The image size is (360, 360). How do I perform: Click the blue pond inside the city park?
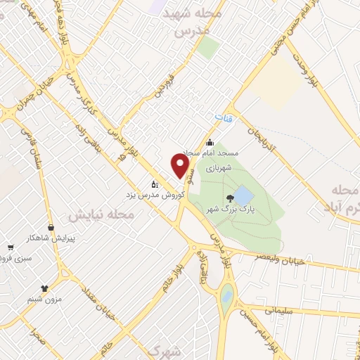(244, 194)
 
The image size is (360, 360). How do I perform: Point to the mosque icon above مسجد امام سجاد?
(210, 143)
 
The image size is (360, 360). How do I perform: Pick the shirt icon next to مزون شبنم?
(45, 288)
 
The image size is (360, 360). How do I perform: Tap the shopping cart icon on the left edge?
(10, 247)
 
